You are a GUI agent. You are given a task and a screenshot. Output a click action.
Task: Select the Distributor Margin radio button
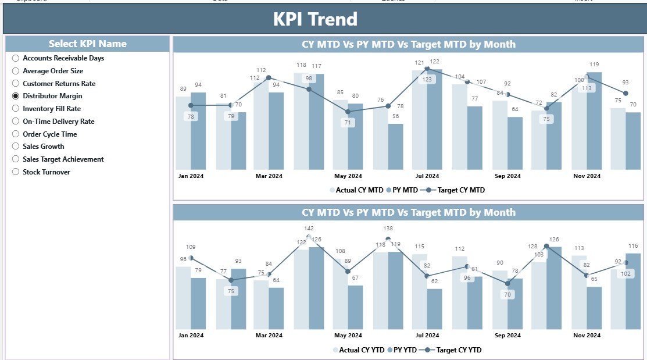click(x=16, y=96)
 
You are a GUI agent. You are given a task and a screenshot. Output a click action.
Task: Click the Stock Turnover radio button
click(x=16, y=172)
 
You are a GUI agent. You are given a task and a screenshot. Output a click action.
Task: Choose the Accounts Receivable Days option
click(x=16, y=58)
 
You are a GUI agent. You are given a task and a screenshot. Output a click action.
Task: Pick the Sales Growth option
click(x=16, y=147)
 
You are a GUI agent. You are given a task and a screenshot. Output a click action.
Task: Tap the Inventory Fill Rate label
click(x=51, y=109)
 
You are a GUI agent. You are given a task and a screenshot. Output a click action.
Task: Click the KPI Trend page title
click(x=315, y=19)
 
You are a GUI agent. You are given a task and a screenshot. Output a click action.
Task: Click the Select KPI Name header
click(x=87, y=44)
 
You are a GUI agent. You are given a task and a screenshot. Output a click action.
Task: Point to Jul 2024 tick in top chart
click(x=427, y=176)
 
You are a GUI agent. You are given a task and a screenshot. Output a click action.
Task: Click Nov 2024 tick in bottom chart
click(x=586, y=336)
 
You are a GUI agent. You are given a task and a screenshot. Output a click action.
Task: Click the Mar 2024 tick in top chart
click(x=269, y=176)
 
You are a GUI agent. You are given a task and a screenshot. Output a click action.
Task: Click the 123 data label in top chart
click(x=427, y=79)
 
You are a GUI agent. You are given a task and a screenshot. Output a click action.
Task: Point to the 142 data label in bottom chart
click(x=309, y=229)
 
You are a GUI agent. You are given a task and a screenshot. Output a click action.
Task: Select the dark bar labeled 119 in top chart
click(x=594, y=122)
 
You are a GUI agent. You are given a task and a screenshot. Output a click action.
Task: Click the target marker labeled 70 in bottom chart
click(x=507, y=283)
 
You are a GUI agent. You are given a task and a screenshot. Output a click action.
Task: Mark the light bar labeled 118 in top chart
click(x=301, y=122)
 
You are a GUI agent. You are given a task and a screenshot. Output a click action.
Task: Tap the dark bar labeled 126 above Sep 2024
click(x=554, y=288)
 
